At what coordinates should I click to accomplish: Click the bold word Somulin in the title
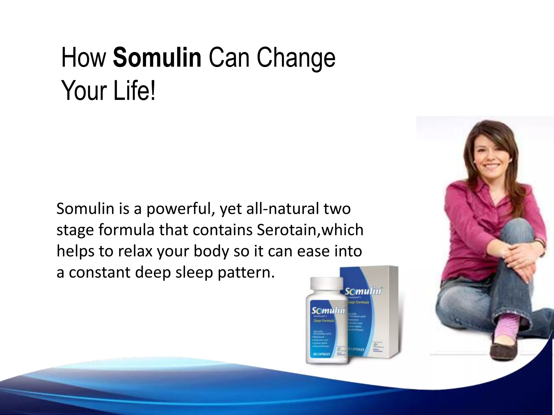tap(157, 58)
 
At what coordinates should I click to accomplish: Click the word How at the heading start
tap(84, 58)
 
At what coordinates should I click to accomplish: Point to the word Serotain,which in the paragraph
tap(310, 230)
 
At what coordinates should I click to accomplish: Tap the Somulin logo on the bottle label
tap(328, 311)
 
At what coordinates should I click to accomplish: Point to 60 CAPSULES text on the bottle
tap(322, 354)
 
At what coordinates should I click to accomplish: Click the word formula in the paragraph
tap(126, 230)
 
